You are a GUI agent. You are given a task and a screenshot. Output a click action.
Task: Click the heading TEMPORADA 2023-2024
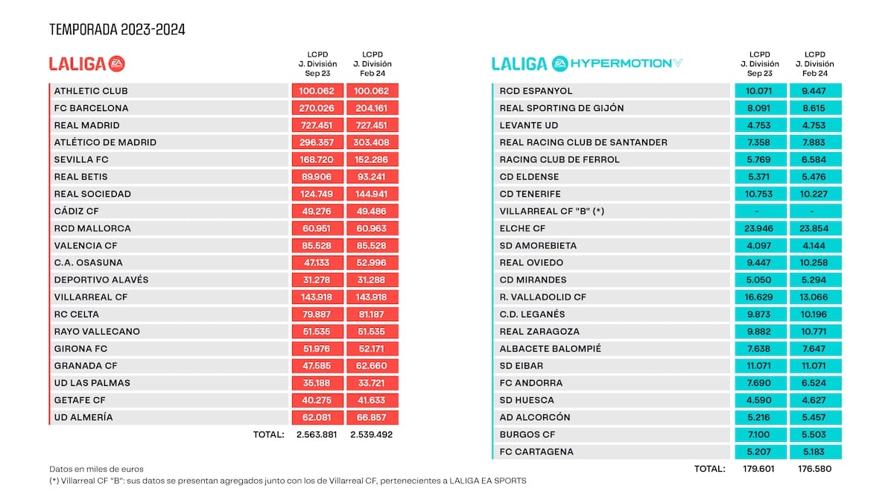point(117,30)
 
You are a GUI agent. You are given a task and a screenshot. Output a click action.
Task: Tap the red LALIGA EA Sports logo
point(87,64)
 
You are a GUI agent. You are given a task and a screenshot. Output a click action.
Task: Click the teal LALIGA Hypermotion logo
point(586,64)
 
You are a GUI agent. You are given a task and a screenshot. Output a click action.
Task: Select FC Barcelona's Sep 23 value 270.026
point(317,108)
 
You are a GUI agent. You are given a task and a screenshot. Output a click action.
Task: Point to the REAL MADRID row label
point(87,125)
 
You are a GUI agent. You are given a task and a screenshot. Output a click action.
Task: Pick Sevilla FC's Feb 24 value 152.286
point(372,159)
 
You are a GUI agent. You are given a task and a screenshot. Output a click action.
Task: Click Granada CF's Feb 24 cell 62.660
point(372,366)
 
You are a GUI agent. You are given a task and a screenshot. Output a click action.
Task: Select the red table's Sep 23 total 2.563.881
point(317,434)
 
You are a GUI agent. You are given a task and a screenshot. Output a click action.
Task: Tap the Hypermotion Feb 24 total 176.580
point(815,469)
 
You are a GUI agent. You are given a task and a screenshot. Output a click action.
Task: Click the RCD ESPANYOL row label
point(536,91)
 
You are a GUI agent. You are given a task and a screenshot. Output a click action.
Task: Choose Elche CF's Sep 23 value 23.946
point(760,229)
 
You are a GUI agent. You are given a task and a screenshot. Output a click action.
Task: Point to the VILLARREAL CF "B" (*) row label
point(552,211)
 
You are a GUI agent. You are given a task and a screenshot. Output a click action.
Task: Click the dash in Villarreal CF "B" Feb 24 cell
point(815,212)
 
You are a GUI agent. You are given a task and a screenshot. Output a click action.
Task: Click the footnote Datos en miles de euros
point(96,469)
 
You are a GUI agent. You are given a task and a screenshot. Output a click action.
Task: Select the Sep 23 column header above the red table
point(317,64)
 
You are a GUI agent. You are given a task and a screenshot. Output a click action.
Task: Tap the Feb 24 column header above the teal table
point(815,64)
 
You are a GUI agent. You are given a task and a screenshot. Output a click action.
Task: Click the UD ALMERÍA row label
point(83,417)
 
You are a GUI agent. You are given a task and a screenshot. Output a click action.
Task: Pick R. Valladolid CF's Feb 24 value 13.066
point(815,297)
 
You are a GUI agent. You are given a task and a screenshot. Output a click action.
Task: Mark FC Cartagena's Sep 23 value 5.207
point(760,452)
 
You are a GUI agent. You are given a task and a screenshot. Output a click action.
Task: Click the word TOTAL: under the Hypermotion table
point(708,469)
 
